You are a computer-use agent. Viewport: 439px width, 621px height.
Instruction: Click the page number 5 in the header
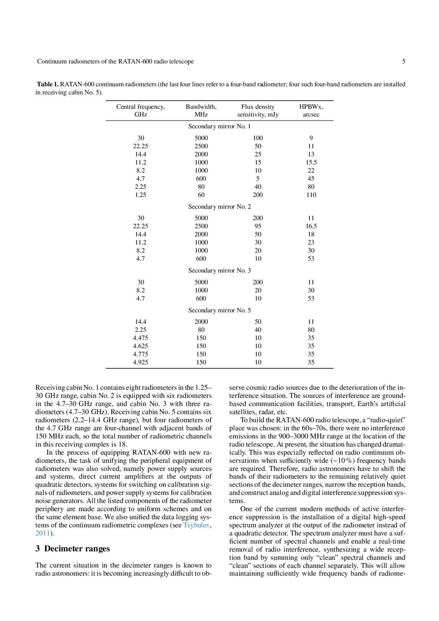(x=404, y=61)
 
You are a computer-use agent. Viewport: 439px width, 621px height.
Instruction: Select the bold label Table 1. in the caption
(x=48, y=84)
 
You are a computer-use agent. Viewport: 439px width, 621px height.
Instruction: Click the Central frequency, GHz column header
(x=140, y=111)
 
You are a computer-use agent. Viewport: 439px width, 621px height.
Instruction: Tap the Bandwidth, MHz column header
(x=201, y=111)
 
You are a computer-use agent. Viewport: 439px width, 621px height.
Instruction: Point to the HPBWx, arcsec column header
(x=311, y=111)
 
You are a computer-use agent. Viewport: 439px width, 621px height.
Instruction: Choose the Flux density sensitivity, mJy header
(x=258, y=111)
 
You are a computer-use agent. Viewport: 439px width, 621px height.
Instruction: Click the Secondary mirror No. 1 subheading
(x=219, y=126)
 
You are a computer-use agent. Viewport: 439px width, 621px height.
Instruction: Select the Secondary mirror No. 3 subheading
(x=219, y=270)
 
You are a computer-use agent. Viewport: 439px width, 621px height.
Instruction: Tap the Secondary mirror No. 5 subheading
(x=219, y=310)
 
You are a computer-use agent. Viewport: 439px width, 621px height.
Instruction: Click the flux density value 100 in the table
(x=258, y=138)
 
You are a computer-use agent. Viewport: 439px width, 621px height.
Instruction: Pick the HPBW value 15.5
(x=311, y=162)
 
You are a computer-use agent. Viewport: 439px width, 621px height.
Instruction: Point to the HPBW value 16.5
(x=311, y=226)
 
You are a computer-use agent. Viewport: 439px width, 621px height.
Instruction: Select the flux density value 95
(x=258, y=226)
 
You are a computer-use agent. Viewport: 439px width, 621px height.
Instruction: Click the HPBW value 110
(x=311, y=195)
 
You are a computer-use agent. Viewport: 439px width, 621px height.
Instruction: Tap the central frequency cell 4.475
(x=140, y=338)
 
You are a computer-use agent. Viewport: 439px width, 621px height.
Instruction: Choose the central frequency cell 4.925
(x=140, y=362)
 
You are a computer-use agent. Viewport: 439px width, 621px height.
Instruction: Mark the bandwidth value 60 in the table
(x=201, y=195)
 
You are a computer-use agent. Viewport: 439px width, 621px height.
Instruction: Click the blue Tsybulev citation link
(x=196, y=525)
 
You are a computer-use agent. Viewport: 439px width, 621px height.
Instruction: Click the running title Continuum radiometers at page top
(x=115, y=61)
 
